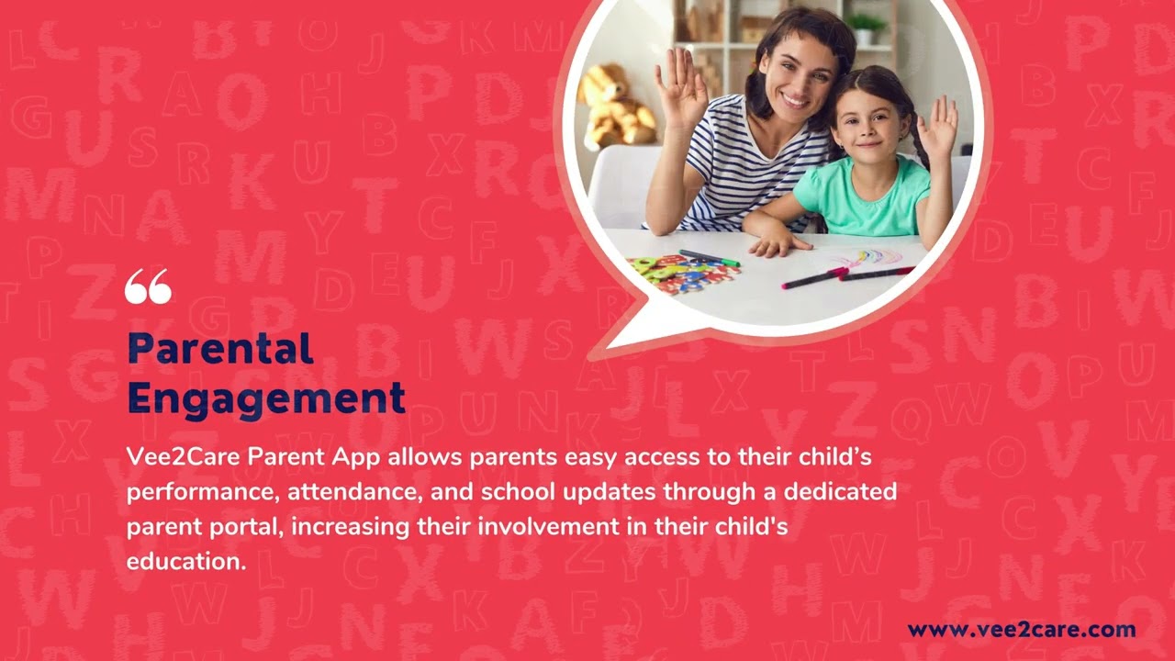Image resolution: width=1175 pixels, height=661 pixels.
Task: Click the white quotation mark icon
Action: [x=148, y=286]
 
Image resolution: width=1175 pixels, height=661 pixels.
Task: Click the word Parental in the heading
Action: [x=220, y=349]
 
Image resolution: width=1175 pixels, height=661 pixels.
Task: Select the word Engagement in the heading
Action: [x=266, y=398]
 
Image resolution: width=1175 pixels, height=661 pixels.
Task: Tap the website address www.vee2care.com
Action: [x=1021, y=630]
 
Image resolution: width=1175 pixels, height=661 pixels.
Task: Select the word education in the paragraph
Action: [x=185, y=561]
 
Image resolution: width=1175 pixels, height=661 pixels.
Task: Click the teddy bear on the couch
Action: [x=616, y=106]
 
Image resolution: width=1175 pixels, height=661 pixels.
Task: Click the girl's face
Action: [x=867, y=122]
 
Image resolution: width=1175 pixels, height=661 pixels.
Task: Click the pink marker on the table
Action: [x=813, y=278]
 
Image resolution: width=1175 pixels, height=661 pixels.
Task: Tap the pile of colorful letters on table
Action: [x=675, y=274]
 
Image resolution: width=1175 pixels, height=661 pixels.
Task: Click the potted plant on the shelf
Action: [x=865, y=28]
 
